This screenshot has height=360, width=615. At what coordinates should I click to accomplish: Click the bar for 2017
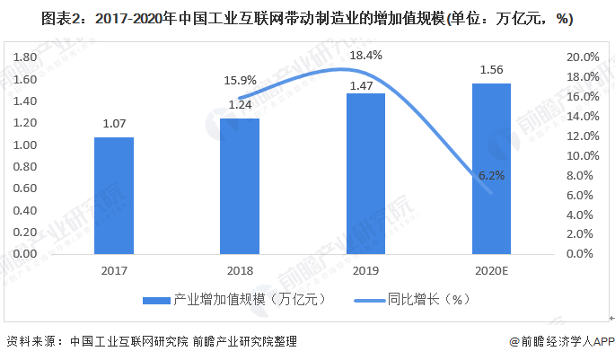pyautogui.click(x=114, y=195)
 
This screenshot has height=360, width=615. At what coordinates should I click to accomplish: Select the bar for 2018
pyautogui.click(x=240, y=186)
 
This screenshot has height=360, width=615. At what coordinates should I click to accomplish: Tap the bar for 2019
pyautogui.click(x=365, y=173)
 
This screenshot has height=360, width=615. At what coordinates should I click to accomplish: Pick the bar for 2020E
pyautogui.click(x=491, y=168)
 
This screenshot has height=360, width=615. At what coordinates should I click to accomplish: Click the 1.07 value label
pyautogui.click(x=114, y=125)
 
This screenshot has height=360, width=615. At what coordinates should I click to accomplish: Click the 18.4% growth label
pyautogui.click(x=365, y=56)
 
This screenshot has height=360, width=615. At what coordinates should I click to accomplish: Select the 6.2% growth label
pyautogui.click(x=492, y=176)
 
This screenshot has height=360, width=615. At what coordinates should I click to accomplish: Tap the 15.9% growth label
pyautogui.click(x=240, y=80)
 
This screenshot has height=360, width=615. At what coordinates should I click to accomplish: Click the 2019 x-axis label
pyautogui.click(x=365, y=269)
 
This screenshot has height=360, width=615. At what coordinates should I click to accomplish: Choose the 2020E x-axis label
pyautogui.click(x=491, y=269)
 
